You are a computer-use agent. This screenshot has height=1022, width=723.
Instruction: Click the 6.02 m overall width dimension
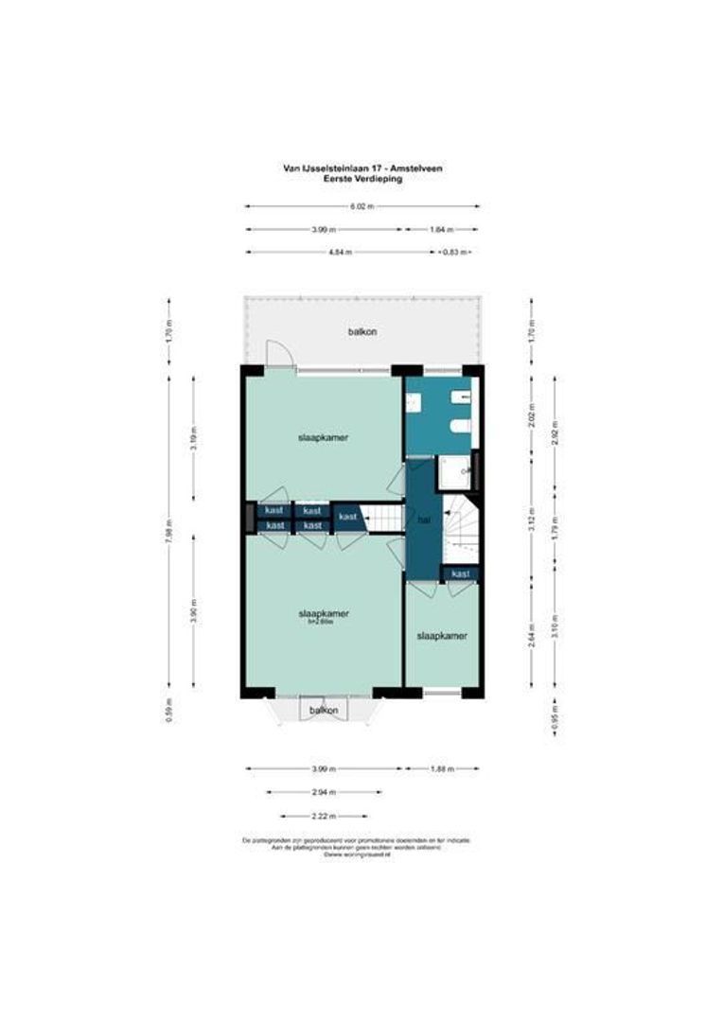(x=361, y=206)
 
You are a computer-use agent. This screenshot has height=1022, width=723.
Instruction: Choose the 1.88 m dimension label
(x=442, y=768)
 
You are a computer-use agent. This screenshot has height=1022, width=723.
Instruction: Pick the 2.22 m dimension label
(x=325, y=816)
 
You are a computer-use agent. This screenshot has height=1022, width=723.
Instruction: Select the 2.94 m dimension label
(x=325, y=792)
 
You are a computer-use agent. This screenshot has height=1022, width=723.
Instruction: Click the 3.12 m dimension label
(x=531, y=520)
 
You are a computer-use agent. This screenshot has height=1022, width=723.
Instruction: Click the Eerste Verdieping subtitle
(x=362, y=178)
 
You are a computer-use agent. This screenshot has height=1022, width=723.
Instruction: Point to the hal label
(x=423, y=520)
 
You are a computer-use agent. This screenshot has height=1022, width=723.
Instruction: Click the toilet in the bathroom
(x=461, y=427)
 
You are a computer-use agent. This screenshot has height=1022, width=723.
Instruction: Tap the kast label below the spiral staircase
(x=461, y=574)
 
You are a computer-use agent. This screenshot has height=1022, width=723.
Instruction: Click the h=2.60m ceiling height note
(x=317, y=623)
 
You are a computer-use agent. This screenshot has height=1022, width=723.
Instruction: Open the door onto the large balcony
(x=279, y=357)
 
